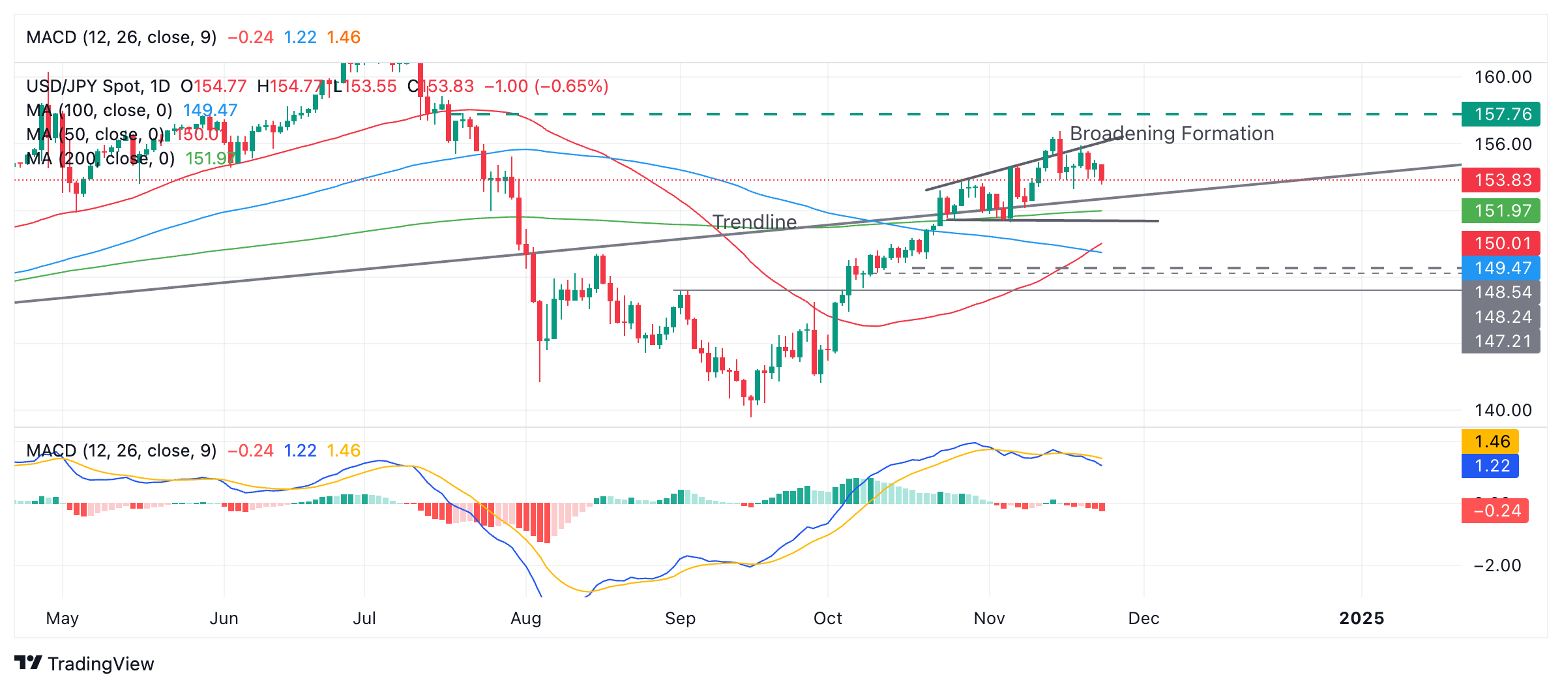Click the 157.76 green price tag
1501,114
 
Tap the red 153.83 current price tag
1501,179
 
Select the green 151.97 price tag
1501,211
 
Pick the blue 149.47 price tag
1501,267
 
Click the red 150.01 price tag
1501,243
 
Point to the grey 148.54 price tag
1501,292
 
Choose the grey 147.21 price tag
1501,341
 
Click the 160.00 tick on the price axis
1503,77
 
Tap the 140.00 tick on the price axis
1503,410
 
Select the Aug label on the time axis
526,618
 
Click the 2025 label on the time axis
1361,618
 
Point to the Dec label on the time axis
1143,618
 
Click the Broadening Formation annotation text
1171,134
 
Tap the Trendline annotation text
754,222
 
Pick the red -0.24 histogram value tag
1495,510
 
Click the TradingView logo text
100,664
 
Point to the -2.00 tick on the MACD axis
1497,565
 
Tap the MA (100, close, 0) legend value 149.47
210,110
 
